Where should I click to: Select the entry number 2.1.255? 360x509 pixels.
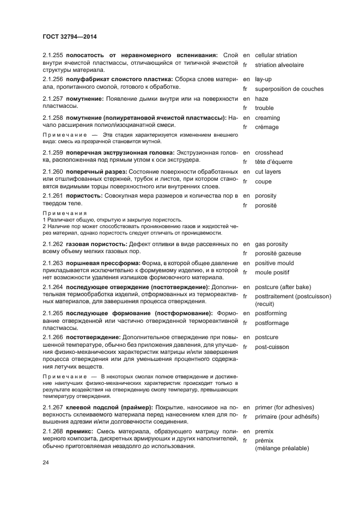(x=53, y=55)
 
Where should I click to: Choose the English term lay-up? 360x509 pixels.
(x=264, y=79)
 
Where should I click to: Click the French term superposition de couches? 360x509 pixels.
(x=289, y=89)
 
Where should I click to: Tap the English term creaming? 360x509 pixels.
(x=267, y=118)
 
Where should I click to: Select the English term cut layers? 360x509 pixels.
(x=268, y=172)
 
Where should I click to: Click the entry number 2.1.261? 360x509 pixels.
(x=53, y=195)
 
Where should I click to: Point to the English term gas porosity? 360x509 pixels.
(x=271, y=244)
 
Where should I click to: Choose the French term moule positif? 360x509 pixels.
(x=272, y=272)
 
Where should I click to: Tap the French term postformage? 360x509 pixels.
(x=272, y=323)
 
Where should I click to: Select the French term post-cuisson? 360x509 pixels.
(x=272, y=347)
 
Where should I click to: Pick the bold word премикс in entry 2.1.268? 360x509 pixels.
(x=80, y=431)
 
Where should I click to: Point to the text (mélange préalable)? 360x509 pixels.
(x=282, y=448)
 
